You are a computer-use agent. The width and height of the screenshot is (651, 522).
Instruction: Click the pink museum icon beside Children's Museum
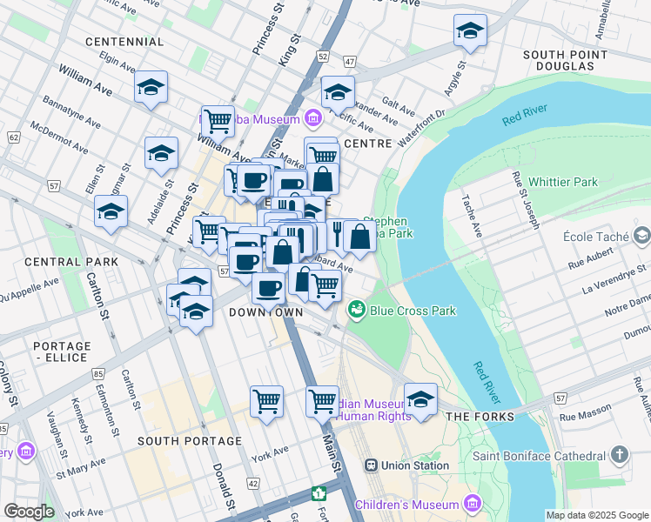pos(473,503)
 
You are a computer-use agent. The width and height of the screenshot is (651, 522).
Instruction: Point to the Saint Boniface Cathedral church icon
pos(620,455)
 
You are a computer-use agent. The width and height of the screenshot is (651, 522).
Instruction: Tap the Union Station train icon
pos(369,465)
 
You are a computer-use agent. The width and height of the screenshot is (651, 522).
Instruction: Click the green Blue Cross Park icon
pos(357,310)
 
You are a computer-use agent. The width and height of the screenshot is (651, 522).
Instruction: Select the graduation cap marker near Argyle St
pos(470,33)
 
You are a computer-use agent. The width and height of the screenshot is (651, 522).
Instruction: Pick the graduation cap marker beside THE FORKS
pos(420,399)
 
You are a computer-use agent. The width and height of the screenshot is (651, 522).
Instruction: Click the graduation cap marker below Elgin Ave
pos(151,88)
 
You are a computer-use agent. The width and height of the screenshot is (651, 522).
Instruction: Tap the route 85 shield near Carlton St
pos(97,373)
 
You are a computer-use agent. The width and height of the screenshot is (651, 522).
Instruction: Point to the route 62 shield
pos(13,137)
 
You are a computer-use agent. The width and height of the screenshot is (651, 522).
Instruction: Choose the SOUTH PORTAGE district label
pos(189,441)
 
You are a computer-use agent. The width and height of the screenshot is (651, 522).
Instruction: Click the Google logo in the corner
pos(30,512)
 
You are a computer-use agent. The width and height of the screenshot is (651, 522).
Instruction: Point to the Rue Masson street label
pos(582,417)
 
